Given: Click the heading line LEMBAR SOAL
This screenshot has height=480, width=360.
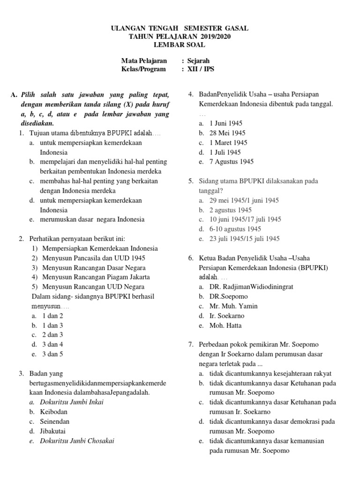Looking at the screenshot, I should (x=180, y=45).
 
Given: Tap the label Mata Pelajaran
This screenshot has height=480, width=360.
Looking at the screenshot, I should (x=144, y=61).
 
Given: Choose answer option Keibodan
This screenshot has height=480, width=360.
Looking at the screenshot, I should (x=53, y=412).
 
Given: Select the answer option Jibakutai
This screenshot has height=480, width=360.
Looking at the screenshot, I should (x=52, y=431).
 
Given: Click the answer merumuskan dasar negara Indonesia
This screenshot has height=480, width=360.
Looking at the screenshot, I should (x=92, y=219).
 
